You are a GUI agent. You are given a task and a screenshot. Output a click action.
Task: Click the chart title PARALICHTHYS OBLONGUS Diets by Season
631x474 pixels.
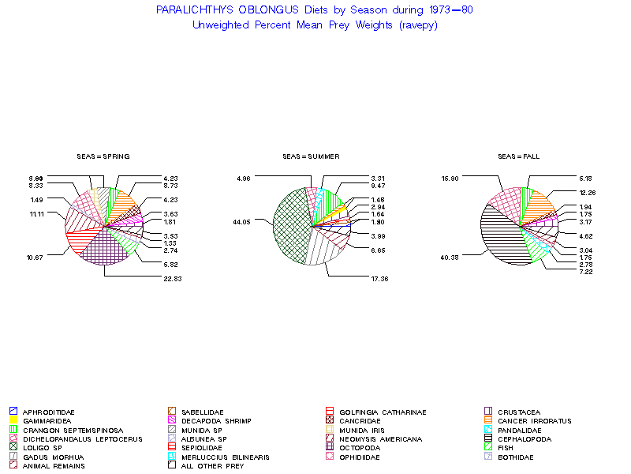tap(315, 10)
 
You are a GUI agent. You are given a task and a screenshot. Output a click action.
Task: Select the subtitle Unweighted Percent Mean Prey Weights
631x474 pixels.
tap(315, 24)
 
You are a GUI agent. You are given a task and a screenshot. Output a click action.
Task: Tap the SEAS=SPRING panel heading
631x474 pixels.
tap(103, 156)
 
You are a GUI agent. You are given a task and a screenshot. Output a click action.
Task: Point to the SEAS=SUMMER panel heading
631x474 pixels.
tap(311, 156)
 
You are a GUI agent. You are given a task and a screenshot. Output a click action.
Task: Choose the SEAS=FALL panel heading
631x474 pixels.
tap(518, 156)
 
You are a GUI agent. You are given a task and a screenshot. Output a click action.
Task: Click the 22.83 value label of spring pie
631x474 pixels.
tap(172, 278)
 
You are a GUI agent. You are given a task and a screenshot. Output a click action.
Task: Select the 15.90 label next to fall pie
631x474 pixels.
tap(451, 179)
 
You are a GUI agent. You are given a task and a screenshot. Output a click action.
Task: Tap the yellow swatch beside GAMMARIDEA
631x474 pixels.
tap(13, 421)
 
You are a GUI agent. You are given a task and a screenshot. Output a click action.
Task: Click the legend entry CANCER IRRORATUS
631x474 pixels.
tap(535, 421)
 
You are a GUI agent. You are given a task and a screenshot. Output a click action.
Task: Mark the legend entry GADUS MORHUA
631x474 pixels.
tap(48, 457)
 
